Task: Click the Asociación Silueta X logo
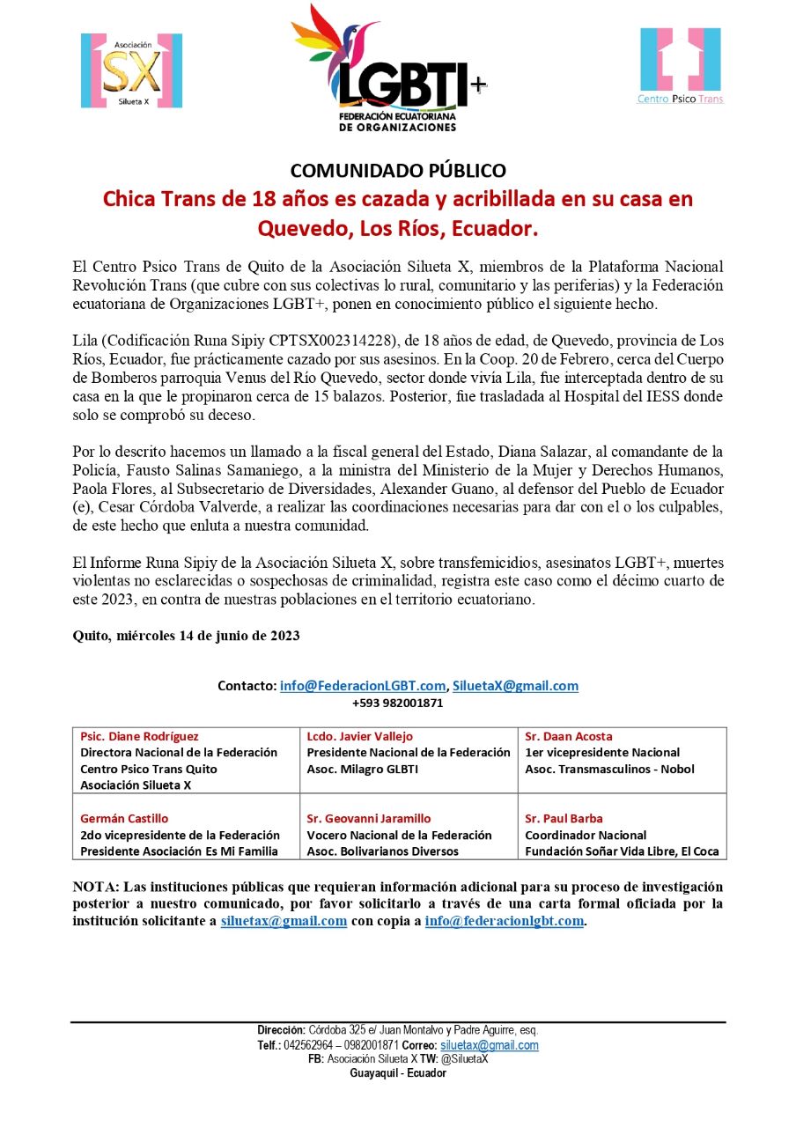[x=131, y=70]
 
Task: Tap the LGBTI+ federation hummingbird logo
[x=387, y=69]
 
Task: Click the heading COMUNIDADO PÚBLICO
[x=398, y=170]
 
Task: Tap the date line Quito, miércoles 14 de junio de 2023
[x=186, y=636]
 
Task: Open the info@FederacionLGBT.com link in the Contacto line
[x=362, y=686]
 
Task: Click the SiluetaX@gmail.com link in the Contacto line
[x=515, y=686]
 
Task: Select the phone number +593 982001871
[x=397, y=703]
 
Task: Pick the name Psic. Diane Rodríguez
[x=139, y=736]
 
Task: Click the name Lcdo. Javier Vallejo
[x=359, y=736]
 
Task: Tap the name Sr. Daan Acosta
[x=568, y=736]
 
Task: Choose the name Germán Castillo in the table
[x=124, y=818]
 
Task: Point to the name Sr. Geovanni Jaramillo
[x=368, y=818]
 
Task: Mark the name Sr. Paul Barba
[x=564, y=818]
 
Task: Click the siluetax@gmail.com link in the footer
[x=489, y=1045]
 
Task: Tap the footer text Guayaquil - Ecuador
[x=398, y=1073]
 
